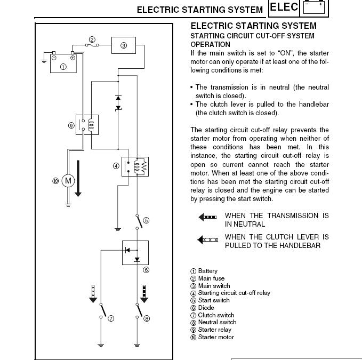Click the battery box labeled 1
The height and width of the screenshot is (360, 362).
64,63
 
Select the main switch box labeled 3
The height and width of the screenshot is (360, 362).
124,45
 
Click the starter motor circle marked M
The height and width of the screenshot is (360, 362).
68,181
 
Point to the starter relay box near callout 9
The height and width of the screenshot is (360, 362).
87,124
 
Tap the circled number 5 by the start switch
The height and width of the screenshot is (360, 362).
146,220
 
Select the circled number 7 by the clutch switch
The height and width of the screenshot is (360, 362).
111,318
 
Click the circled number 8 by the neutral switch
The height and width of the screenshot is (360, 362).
147,318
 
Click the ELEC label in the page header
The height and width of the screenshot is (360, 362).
284,8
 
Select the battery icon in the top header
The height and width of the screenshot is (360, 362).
314,8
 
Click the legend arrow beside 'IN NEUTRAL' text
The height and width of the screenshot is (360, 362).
207,218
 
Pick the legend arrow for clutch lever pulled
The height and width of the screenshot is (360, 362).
207,240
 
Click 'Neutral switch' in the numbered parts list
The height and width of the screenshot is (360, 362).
217,322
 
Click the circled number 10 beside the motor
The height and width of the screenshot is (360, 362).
55,181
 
